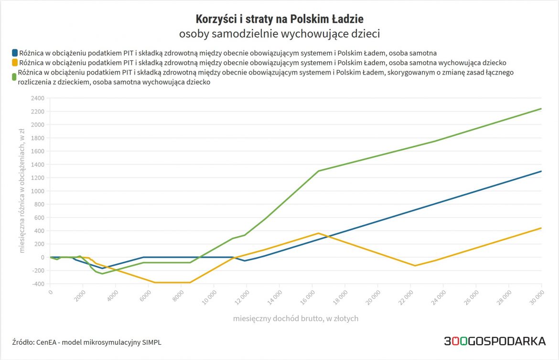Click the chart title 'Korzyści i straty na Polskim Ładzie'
click(279, 19)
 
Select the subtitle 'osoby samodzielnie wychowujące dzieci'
click(279, 34)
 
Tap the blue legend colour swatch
click(14, 53)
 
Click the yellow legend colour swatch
click(14, 63)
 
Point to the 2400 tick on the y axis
click(37, 98)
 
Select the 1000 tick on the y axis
click(37, 191)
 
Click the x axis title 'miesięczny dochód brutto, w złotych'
click(296, 318)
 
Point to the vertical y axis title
click(22, 191)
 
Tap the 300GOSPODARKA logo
click(494, 341)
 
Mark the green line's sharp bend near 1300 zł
click(318, 171)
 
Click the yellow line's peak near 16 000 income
click(318, 233)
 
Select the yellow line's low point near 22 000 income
click(415, 265)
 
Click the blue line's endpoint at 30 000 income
click(541, 171)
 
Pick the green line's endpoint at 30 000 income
click(541, 109)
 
